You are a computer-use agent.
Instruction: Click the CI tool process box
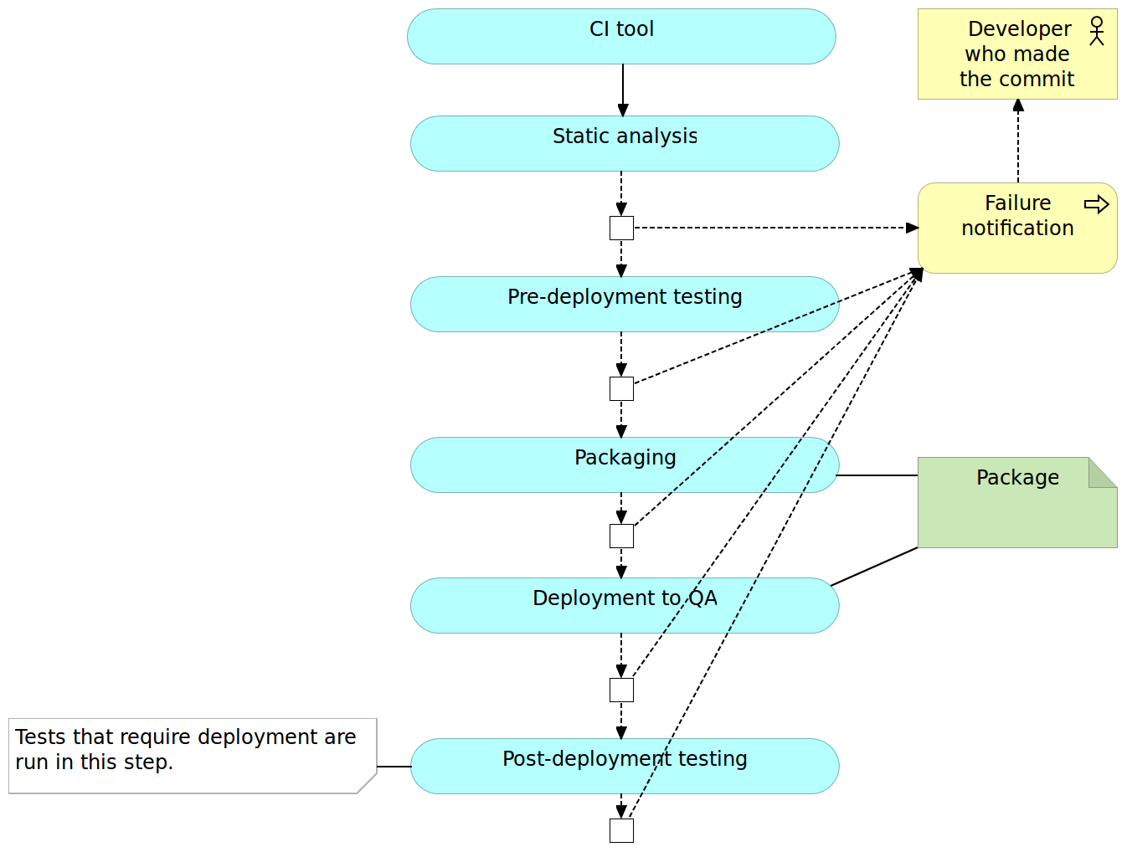[621, 37]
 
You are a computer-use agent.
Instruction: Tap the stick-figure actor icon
[1097, 31]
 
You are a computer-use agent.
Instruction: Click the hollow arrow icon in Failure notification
[1096, 204]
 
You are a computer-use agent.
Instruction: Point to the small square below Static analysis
[621, 228]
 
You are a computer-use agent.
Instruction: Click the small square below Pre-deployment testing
[621, 388]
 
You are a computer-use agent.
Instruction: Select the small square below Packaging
[621, 536]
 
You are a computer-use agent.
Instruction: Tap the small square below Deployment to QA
[621, 690]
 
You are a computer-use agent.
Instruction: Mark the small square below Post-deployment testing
[621, 830]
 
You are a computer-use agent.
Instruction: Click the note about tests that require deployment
[192, 755]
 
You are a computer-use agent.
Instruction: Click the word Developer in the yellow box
[1019, 29]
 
